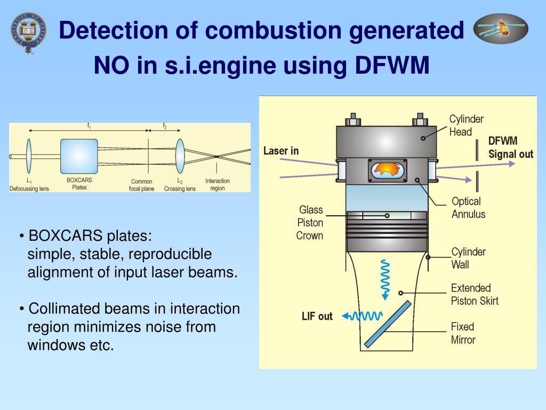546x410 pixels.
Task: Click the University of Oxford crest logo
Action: [x=28, y=33]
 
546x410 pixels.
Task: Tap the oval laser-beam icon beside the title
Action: [x=501, y=29]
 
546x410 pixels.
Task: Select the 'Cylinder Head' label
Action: [x=467, y=125]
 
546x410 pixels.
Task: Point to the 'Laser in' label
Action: [x=281, y=151]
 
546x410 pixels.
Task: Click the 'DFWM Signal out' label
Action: [x=510, y=148]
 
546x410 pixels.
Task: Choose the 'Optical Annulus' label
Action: [x=468, y=208]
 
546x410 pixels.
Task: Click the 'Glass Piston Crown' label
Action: [x=310, y=223]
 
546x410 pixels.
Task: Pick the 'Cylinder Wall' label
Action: [x=468, y=258]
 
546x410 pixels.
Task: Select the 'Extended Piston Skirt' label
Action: [x=474, y=294]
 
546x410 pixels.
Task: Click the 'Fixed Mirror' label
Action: [x=462, y=333]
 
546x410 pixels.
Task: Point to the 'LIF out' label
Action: [x=317, y=317]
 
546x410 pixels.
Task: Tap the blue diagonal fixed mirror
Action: [x=388, y=324]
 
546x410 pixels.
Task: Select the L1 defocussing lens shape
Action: [x=29, y=155]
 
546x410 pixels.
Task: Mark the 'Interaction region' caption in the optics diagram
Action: [x=217, y=185]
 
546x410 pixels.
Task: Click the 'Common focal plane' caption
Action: [x=141, y=185]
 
